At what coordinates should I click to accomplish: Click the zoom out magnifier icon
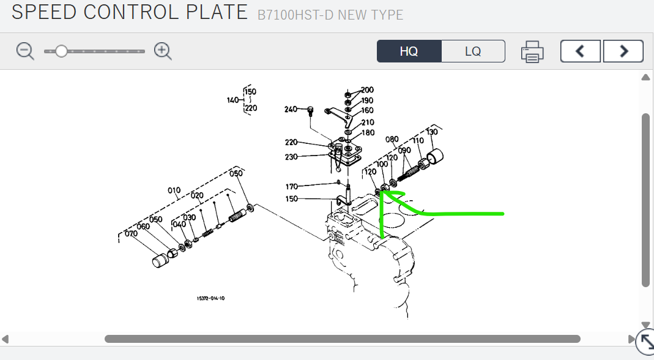pyautogui.click(x=25, y=51)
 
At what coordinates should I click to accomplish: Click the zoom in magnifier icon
pyautogui.click(x=163, y=51)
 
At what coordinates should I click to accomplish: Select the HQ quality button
pyautogui.click(x=409, y=51)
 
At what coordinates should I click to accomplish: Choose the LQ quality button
pyautogui.click(x=473, y=51)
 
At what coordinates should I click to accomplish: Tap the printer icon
pyautogui.click(x=532, y=52)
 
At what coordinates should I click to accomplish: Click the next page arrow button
pyautogui.click(x=623, y=51)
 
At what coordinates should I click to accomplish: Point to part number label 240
pyautogui.click(x=291, y=110)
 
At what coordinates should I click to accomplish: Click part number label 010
pyautogui.click(x=174, y=190)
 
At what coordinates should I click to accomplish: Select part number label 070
pyautogui.click(x=131, y=233)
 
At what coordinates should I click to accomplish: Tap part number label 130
pyautogui.click(x=432, y=132)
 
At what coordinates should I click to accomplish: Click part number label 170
pyautogui.click(x=292, y=187)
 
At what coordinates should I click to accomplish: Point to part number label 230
pyautogui.click(x=291, y=157)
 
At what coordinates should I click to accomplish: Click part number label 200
pyautogui.click(x=367, y=90)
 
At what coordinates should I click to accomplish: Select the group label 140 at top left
pyautogui.click(x=233, y=100)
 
